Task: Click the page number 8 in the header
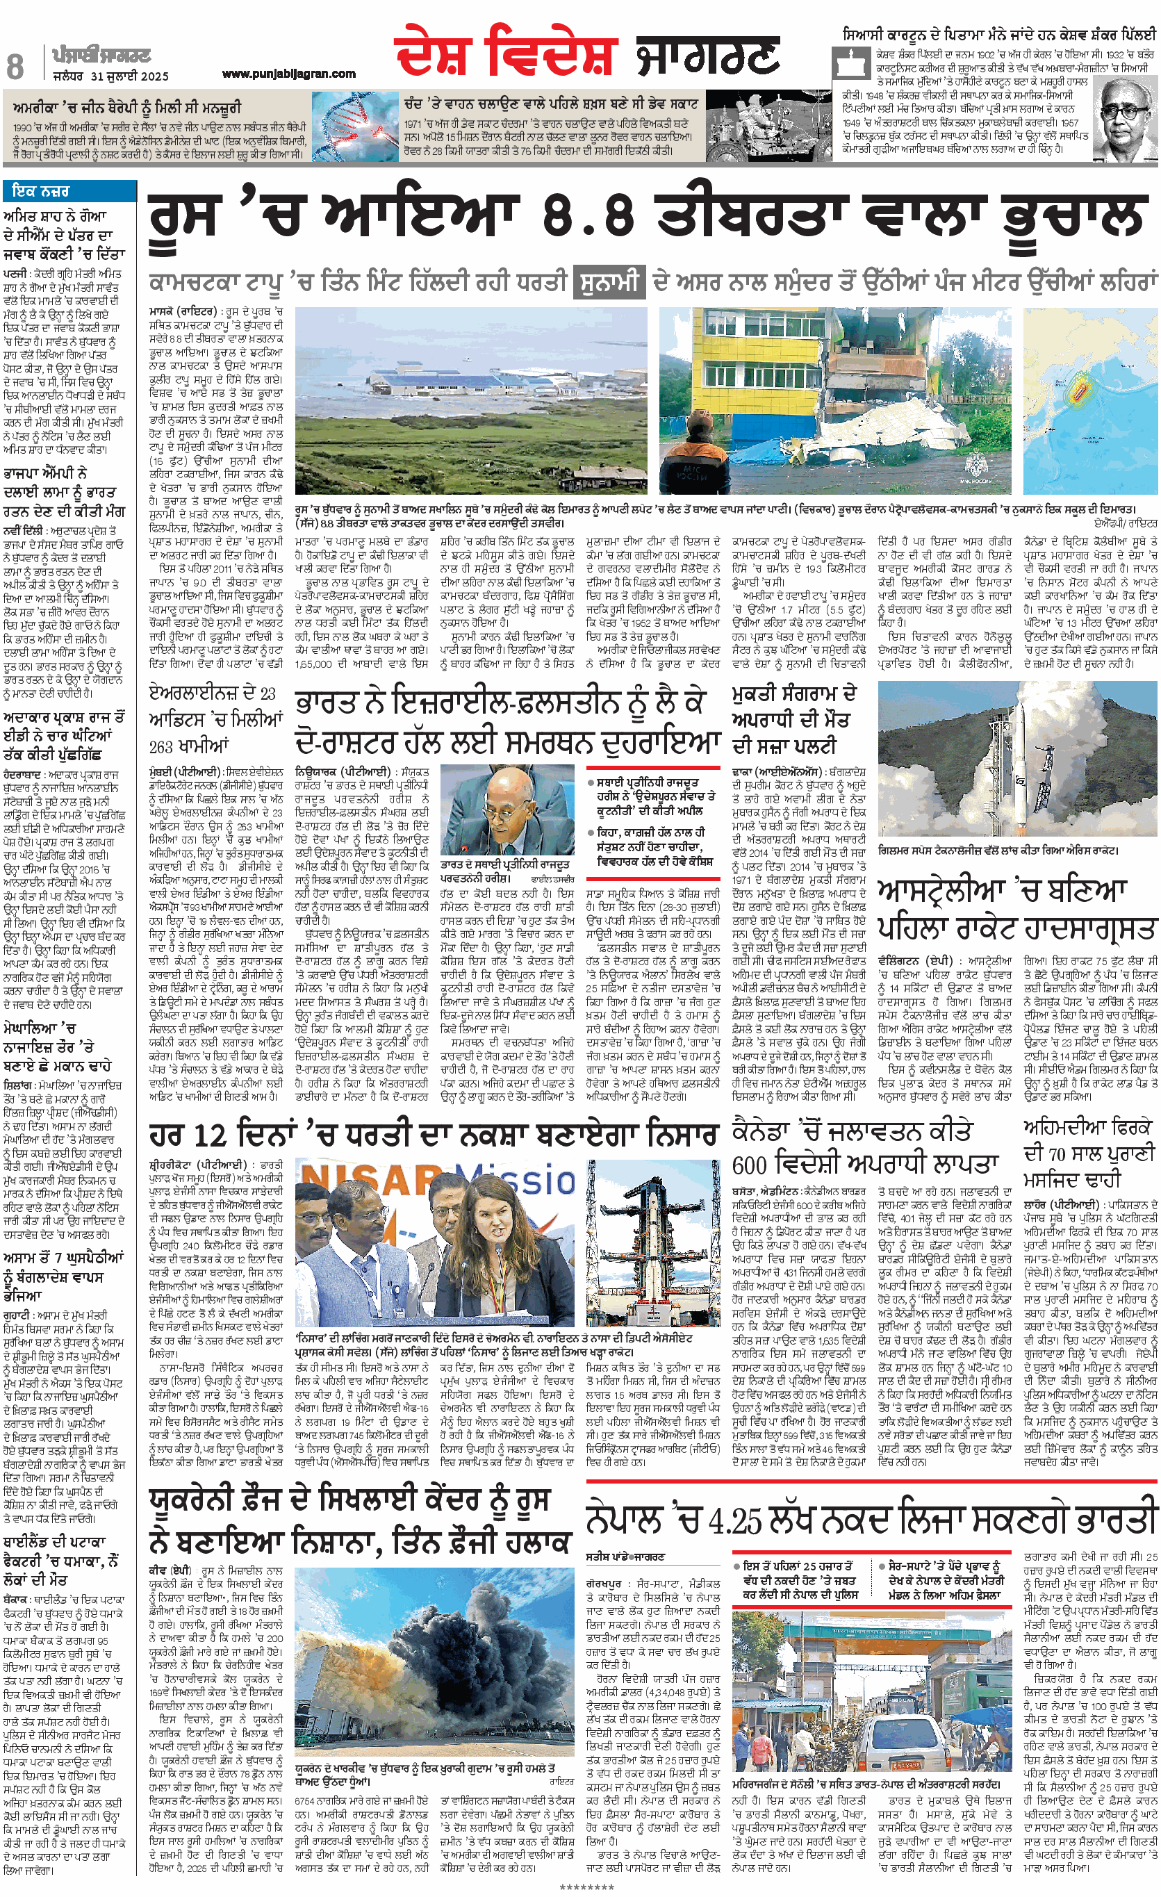pyautogui.click(x=15, y=66)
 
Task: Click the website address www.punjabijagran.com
pyautogui.click(x=289, y=74)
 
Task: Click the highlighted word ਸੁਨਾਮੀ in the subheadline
pyautogui.click(x=608, y=282)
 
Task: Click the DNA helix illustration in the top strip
pyautogui.click(x=355, y=126)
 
